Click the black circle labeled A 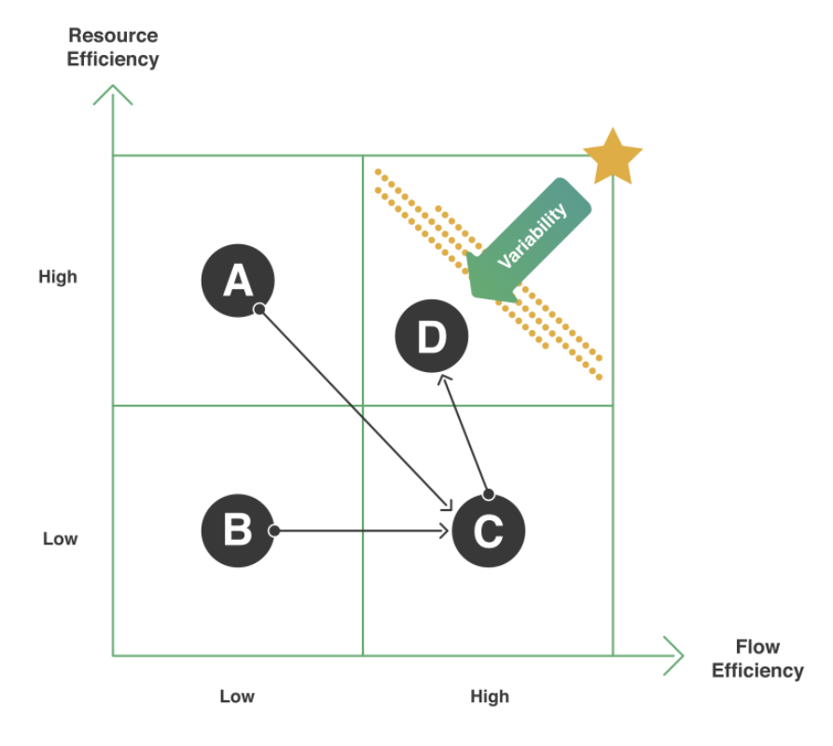point(238,279)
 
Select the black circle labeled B point(237,531)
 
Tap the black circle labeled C point(488,532)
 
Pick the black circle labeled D point(432,337)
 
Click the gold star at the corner point(613,158)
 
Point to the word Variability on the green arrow point(533,237)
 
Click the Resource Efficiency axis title point(113,48)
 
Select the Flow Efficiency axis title point(757,658)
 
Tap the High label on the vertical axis point(58,277)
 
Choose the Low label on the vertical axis point(60,539)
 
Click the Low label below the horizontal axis point(237,697)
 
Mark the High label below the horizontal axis point(489,697)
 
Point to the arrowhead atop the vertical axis point(113,92)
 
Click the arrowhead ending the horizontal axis point(674,656)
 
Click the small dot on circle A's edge point(260,308)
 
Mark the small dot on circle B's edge point(273,531)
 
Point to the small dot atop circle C point(488,494)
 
